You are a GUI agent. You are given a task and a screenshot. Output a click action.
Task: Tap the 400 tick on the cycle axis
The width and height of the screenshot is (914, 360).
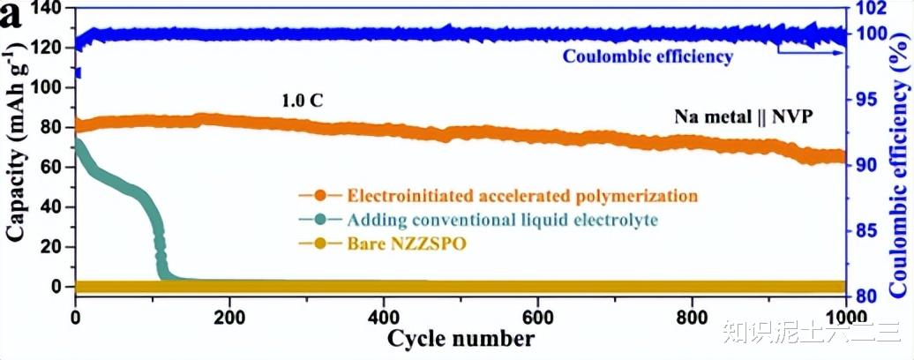[384, 317]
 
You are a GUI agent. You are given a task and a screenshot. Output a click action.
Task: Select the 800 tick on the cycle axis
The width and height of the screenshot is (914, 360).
[692, 317]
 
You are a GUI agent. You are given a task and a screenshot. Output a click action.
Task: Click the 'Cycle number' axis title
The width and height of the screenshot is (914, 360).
[460, 339]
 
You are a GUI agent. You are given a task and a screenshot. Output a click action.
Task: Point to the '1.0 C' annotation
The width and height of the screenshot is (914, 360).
[302, 101]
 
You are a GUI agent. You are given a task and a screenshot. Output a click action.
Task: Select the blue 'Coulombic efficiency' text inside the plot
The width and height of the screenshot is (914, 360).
[648, 57]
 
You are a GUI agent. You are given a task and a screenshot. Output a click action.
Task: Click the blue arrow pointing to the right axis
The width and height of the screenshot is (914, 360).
[808, 51]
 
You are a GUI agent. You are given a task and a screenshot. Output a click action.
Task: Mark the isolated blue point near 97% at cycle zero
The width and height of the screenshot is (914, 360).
[77, 73]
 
